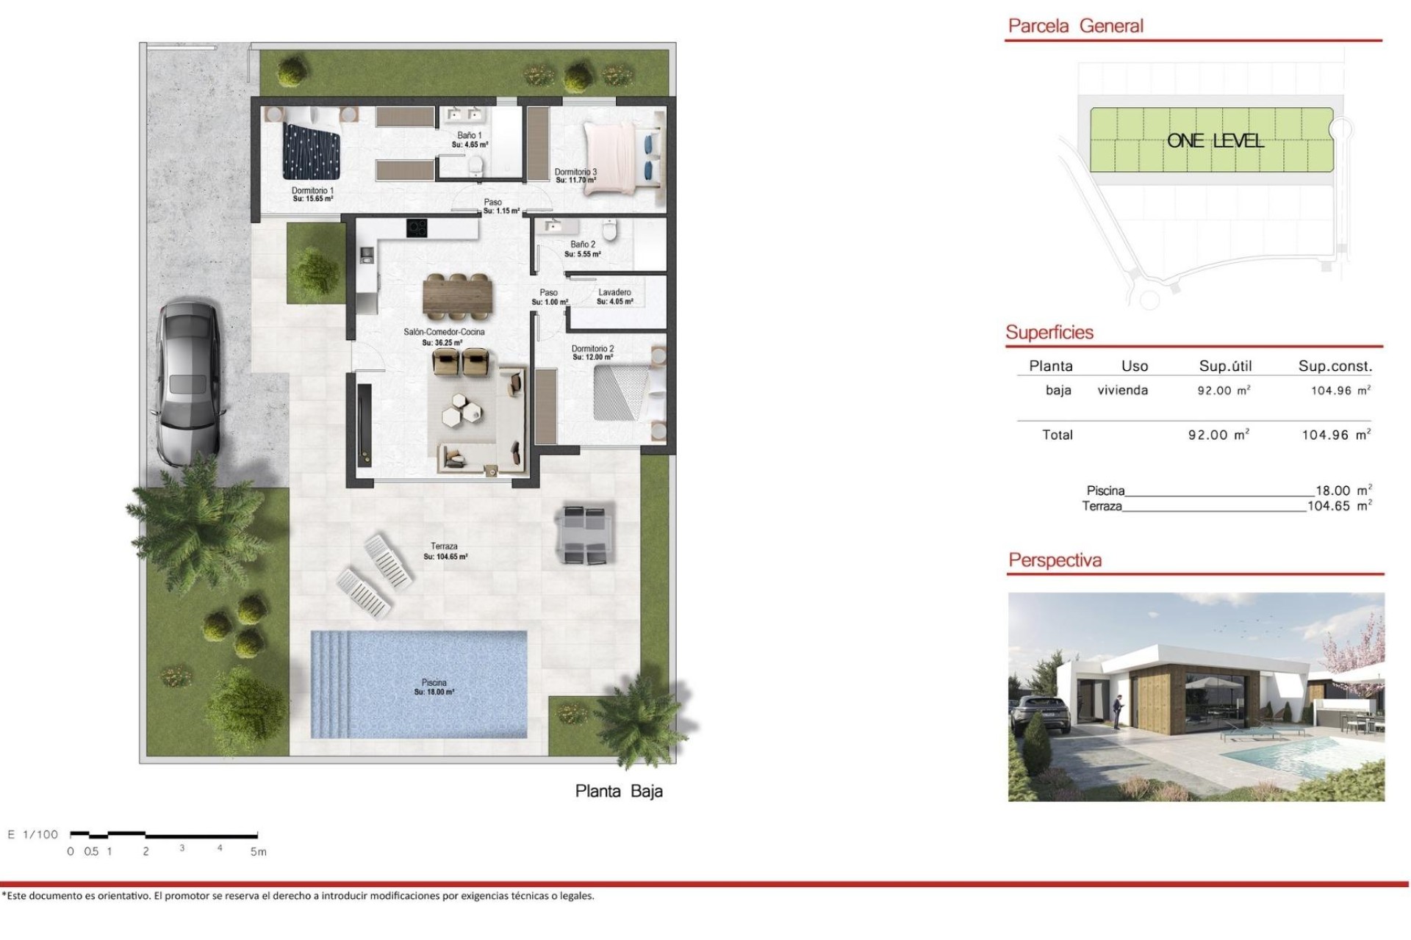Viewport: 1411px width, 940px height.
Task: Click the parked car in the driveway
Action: pyautogui.click(x=188, y=382)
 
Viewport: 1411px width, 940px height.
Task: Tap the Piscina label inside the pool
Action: pyautogui.click(x=434, y=687)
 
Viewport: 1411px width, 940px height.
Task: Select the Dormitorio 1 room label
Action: pyautogui.click(x=312, y=194)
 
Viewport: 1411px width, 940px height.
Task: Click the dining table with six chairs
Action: pyautogui.click(x=456, y=296)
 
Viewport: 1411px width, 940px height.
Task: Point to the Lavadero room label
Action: pyautogui.click(x=614, y=296)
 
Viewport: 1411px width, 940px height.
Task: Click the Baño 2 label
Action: pyautogui.click(x=583, y=248)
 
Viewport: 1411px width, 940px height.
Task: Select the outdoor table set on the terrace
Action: pyautogui.click(x=585, y=533)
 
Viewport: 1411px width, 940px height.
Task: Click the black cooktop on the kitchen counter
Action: pyautogui.click(x=417, y=228)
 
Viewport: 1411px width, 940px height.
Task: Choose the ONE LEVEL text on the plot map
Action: pyautogui.click(x=1215, y=141)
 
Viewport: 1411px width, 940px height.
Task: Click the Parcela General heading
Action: pyautogui.click(x=1075, y=26)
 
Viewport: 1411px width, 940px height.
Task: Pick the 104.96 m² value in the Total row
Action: pyautogui.click(x=1335, y=435)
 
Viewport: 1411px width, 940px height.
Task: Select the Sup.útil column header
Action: pyautogui.click(x=1225, y=366)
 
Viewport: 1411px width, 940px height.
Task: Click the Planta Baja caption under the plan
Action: pyautogui.click(x=619, y=791)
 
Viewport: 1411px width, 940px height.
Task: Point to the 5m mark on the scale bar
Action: pyautogui.click(x=258, y=852)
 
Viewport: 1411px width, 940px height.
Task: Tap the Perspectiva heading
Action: pyautogui.click(x=1055, y=560)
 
